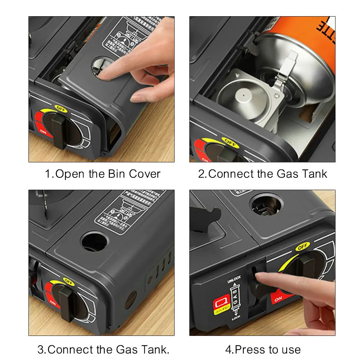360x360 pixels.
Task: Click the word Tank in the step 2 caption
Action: coord(315,174)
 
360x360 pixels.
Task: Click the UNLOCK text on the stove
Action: coord(234,279)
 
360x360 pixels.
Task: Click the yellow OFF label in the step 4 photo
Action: coord(302,247)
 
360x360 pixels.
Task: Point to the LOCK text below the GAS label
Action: coord(236,318)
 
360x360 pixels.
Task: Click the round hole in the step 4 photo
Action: coord(267,204)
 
